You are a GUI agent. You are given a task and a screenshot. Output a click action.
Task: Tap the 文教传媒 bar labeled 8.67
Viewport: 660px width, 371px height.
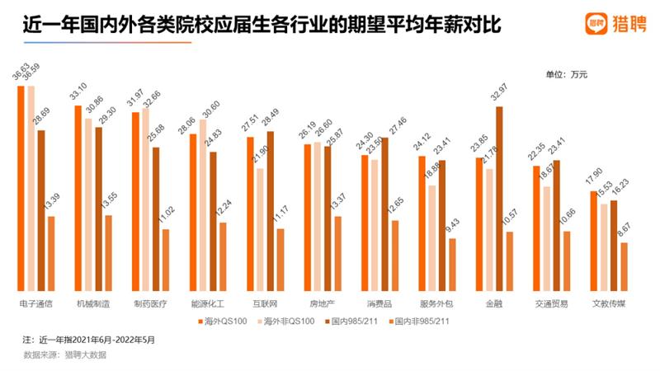[625, 265]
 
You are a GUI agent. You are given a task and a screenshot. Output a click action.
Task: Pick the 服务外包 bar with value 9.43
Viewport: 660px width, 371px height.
[452, 263]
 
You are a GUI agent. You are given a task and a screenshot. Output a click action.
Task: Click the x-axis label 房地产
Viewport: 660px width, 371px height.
[320, 303]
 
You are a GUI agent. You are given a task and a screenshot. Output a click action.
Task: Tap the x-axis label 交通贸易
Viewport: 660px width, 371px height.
[548, 303]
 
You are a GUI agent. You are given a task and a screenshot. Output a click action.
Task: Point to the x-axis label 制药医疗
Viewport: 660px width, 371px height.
[150, 303]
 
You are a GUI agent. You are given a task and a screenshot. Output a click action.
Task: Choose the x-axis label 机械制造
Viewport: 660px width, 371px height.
[93, 303]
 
